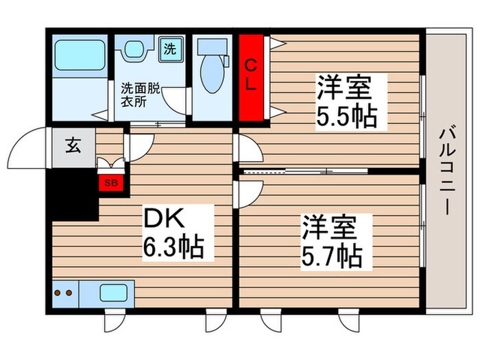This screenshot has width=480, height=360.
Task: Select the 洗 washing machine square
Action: (168, 49)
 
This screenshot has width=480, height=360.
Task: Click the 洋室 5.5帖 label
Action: (346, 102)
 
